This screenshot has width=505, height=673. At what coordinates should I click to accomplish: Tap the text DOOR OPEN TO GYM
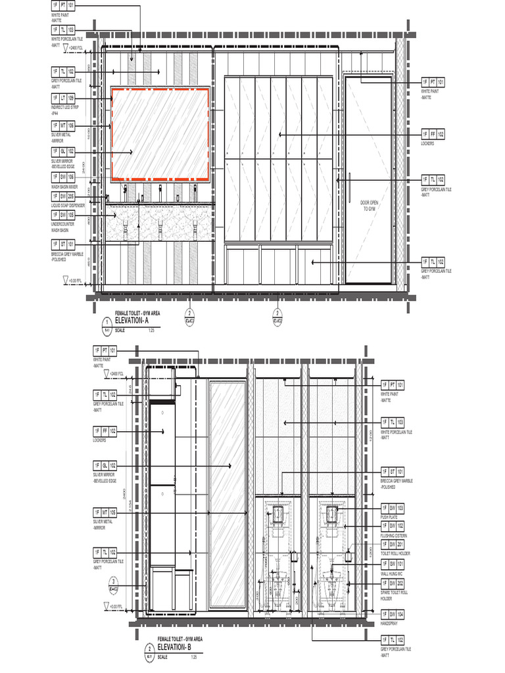(x=370, y=205)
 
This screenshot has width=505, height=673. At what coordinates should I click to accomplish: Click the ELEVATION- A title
(x=137, y=319)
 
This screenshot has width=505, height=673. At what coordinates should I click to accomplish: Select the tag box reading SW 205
(x=63, y=196)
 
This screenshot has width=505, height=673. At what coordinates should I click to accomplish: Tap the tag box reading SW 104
(x=393, y=613)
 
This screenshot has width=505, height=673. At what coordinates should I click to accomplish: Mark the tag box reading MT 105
(x=105, y=511)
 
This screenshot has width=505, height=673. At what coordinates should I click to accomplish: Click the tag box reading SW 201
(x=393, y=544)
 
